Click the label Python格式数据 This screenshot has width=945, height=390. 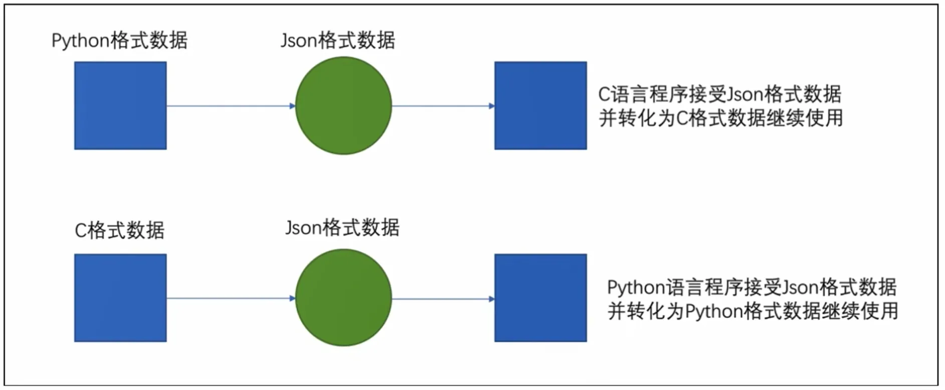pyautogui.click(x=119, y=40)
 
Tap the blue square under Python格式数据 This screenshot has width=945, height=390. pyautogui.click(x=120, y=105)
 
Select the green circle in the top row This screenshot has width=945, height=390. pyautogui.click(x=343, y=105)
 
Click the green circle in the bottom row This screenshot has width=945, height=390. pyautogui.click(x=343, y=298)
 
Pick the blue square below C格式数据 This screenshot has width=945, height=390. pyautogui.click(x=120, y=298)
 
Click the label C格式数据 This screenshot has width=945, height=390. pyautogui.click(x=119, y=231)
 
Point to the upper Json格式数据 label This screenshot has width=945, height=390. pyautogui.click(x=338, y=40)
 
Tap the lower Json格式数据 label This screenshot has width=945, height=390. pyautogui.click(x=342, y=228)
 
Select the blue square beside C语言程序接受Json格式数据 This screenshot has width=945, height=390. pyautogui.click(x=540, y=105)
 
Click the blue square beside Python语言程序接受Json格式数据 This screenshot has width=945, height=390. pyautogui.click(x=540, y=298)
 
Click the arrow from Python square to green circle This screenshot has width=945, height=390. pyautogui.click(x=231, y=106)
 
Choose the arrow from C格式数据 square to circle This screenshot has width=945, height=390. pyautogui.click(x=231, y=298)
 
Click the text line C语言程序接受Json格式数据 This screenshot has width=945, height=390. pyautogui.click(x=720, y=94)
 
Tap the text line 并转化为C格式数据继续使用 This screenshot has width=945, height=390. pyautogui.click(x=721, y=118)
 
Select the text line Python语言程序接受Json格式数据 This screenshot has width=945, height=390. pyautogui.click(x=751, y=287)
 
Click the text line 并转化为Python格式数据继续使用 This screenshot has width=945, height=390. pyautogui.click(x=752, y=311)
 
